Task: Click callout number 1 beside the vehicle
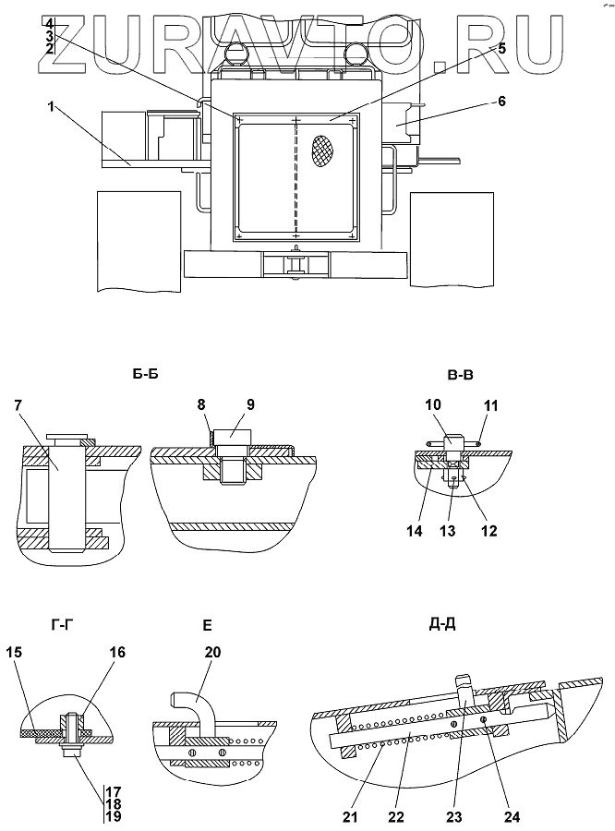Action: coord(52,106)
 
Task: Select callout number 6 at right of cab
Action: coord(501,102)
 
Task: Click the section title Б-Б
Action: coord(145,374)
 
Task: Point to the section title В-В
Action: coord(460,375)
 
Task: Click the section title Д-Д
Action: coord(442,624)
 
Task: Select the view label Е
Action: coord(207,626)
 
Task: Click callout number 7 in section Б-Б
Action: coord(18,405)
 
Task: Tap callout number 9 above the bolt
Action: coord(250,404)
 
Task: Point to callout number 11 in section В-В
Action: coord(491,406)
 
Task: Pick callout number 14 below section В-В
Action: coord(415,531)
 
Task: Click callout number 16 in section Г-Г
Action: coord(117,652)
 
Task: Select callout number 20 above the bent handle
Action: coord(212,652)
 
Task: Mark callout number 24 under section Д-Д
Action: coord(512,817)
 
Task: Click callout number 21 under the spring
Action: coord(351,817)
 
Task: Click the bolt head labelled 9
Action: coord(234,438)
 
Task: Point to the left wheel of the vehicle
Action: coord(139,242)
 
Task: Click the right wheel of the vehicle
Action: coord(452,239)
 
